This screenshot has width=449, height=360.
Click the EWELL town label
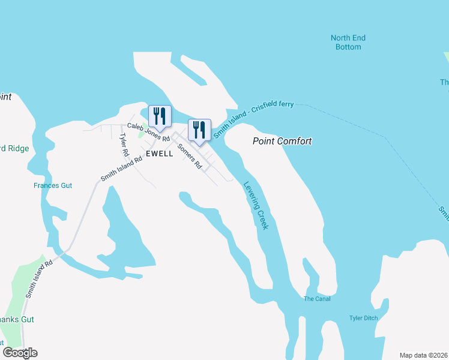(x=160, y=154)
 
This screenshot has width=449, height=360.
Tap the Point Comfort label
(x=282, y=142)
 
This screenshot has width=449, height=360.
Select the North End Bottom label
(x=348, y=42)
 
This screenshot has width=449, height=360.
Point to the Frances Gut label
(x=53, y=186)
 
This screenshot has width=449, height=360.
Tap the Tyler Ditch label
(x=364, y=318)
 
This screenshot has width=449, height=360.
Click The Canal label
(x=317, y=299)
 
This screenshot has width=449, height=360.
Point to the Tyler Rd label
(x=125, y=145)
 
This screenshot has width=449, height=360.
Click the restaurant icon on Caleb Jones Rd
(x=160, y=115)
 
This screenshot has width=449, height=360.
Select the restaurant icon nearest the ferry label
(x=200, y=129)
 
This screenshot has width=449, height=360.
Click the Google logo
(x=20, y=353)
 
